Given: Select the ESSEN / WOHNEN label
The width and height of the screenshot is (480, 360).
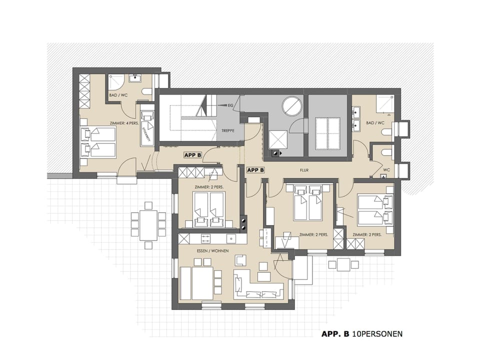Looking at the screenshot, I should point(209,251).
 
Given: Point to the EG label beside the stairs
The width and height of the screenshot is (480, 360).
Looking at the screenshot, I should point(230,106).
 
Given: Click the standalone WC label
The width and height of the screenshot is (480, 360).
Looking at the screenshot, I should point(386,170).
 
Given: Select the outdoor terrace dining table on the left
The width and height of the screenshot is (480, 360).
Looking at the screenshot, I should point(148,225).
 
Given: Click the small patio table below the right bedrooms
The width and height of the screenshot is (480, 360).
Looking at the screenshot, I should point(342,264).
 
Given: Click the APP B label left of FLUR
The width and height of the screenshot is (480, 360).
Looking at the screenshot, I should point(255,170).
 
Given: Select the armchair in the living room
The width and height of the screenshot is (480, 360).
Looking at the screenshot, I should point(241,260).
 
